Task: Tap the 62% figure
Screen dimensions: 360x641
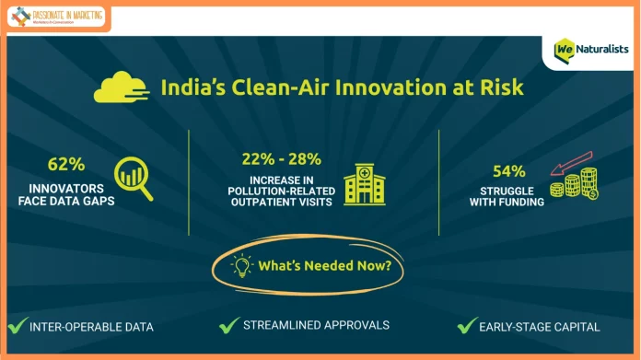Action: [66, 165]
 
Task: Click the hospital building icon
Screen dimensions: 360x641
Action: [365, 184]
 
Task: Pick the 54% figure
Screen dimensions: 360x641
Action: [509, 170]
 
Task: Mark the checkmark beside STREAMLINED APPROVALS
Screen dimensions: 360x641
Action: [229, 324]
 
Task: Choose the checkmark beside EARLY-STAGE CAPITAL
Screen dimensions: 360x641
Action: [468, 325]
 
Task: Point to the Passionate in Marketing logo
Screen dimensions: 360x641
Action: [56, 17]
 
